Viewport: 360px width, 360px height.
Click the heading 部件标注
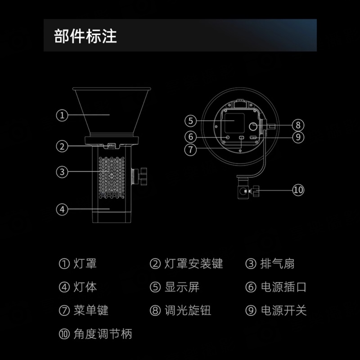coord(85,36)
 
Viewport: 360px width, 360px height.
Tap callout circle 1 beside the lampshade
coord(62,115)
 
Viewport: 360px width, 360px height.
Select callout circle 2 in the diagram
coord(62,146)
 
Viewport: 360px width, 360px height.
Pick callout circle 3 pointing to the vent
coord(62,172)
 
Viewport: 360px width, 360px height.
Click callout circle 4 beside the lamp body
coord(62,209)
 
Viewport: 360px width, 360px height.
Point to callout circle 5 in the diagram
coord(190,121)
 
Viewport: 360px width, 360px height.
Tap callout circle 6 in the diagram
coord(190,137)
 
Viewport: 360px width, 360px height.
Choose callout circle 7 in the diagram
coord(190,150)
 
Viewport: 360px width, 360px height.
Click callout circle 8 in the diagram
coord(298,125)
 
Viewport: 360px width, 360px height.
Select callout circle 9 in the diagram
coord(298,137)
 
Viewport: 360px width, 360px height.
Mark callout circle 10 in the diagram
coord(298,190)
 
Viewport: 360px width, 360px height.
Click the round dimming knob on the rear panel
coord(253,126)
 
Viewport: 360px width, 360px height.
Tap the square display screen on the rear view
coord(234,123)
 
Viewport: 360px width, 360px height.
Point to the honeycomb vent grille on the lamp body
coord(112,178)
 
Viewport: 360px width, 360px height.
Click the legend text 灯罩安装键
coord(193,263)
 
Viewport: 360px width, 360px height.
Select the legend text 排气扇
coord(277,263)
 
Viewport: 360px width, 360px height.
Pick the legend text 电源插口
coord(283,287)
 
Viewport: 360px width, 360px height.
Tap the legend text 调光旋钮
coord(188,310)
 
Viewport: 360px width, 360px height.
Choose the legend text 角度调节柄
coord(103,334)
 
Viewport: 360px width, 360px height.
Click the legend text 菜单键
coord(91,310)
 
